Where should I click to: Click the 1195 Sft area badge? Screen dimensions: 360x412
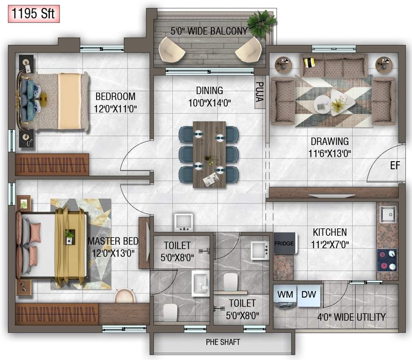pos(33,14)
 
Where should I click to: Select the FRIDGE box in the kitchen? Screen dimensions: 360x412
pos(284,243)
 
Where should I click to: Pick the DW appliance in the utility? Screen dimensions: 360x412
pos(308,294)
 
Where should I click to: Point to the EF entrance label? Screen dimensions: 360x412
pos(395,165)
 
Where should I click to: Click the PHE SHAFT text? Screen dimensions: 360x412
pos(223,342)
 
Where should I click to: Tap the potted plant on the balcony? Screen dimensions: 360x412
pos(262,22)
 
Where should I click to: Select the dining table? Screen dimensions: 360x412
pos(209,154)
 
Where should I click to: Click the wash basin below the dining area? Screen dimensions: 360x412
pos(184,222)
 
